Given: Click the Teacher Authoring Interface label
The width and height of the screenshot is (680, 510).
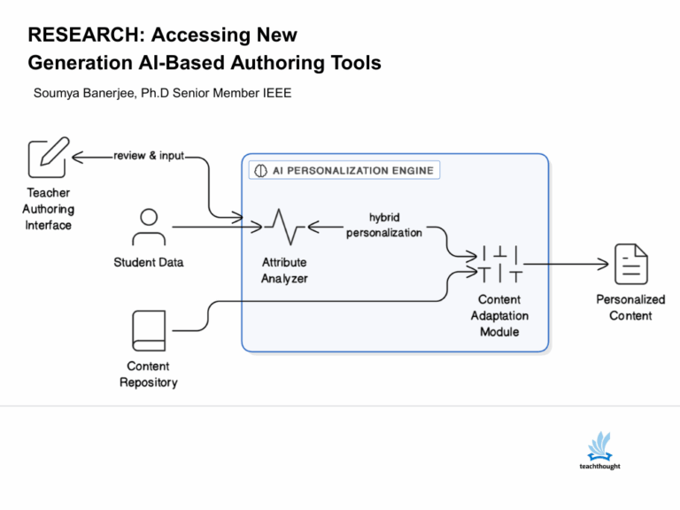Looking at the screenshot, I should pyautogui.click(x=48, y=209).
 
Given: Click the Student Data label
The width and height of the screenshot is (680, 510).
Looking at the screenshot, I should pyautogui.click(x=149, y=262).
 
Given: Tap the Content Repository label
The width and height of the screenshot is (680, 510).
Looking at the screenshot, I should pyautogui.click(x=149, y=375).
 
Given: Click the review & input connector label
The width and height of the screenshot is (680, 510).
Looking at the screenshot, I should pyautogui.click(x=149, y=156).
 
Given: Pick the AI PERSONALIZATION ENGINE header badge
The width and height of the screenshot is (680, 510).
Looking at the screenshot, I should pyautogui.click(x=344, y=170).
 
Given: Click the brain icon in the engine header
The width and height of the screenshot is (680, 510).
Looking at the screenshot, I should pyautogui.click(x=260, y=170).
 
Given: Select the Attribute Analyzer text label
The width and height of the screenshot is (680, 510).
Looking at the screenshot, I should pyautogui.click(x=284, y=270).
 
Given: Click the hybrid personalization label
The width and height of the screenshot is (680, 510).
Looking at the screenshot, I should pyautogui.click(x=383, y=225).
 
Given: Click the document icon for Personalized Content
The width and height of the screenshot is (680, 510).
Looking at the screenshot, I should pyautogui.click(x=630, y=263).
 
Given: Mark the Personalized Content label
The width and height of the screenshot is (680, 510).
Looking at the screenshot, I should pyautogui.click(x=630, y=307).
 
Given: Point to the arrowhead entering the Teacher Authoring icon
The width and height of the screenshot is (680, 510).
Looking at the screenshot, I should pyautogui.click(x=76, y=157).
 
